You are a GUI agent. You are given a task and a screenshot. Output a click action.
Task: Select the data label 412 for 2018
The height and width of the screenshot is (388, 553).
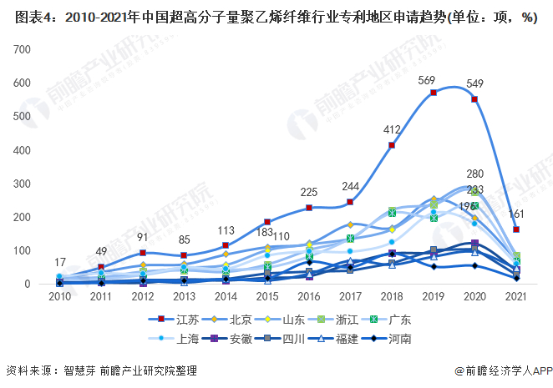click(x=393, y=130)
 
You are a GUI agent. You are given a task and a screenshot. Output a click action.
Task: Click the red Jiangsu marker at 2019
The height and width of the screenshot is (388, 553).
click(x=434, y=93)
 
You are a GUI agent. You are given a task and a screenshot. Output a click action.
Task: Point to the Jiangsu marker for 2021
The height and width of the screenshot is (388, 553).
click(x=516, y=229)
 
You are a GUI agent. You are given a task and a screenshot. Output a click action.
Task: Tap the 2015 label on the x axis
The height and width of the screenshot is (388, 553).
click(x=267, y=295)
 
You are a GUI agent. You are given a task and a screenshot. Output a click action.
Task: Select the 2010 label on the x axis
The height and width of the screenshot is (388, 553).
click(x=59, y=295)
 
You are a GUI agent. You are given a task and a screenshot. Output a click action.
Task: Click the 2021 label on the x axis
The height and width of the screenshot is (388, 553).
click(x=516, y=295)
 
